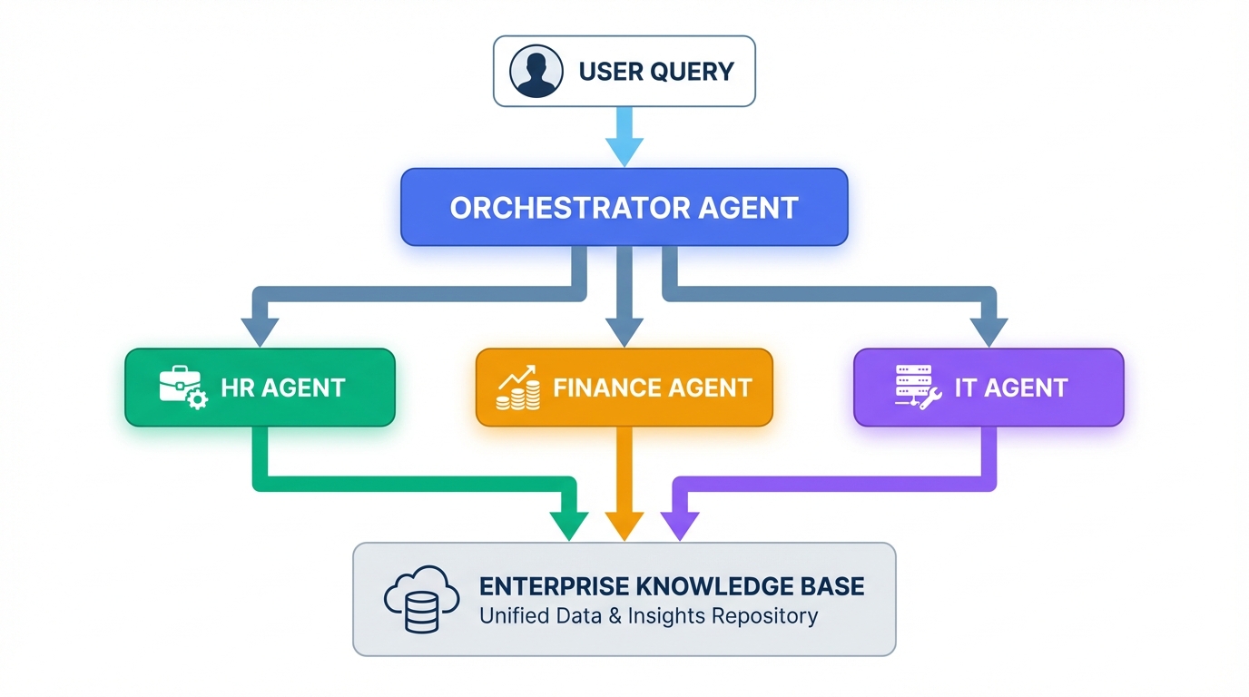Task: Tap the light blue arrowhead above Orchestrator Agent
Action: [624, 150]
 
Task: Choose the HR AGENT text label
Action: [283, 388]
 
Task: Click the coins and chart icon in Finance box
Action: [518, 388]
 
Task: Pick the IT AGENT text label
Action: [1011, 388]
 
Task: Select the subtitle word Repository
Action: [764, 616]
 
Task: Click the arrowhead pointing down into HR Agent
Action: [261, 331]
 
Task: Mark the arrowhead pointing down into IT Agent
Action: [988, 331]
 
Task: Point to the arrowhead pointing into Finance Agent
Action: [624, 331]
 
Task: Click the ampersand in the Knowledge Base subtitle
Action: [590, 616]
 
